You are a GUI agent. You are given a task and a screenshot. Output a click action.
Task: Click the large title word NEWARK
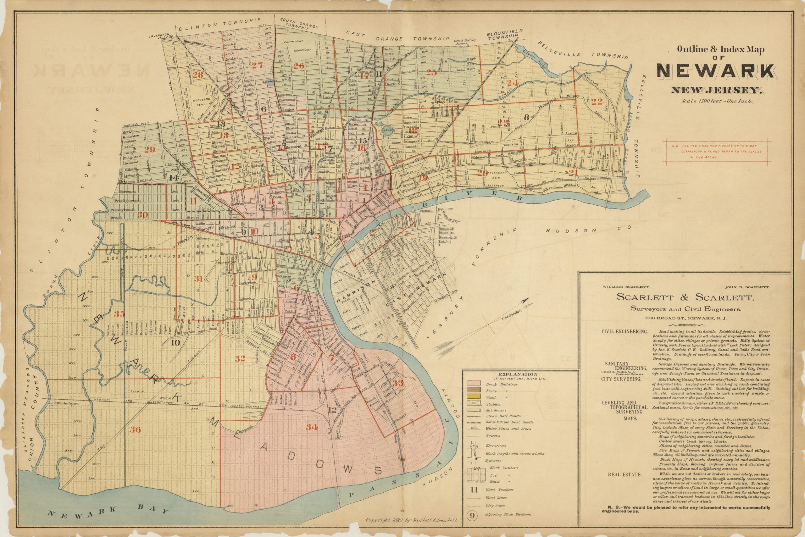coord(715,72)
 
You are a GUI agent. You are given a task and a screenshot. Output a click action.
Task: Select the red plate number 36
coord(135,429)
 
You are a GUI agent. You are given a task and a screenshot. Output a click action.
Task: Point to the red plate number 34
coord(312,427)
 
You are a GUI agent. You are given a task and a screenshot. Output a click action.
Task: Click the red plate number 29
coord(150,149)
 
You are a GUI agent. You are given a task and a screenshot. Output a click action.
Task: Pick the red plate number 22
coord(597,101)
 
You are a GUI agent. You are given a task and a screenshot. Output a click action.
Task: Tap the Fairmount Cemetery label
coord(297,46)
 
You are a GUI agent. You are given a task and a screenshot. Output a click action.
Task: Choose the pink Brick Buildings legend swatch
coord(476,384)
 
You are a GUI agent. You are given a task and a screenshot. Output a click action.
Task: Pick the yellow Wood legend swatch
coord(476,397)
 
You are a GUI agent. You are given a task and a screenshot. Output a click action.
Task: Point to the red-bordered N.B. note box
coord(717,151)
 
